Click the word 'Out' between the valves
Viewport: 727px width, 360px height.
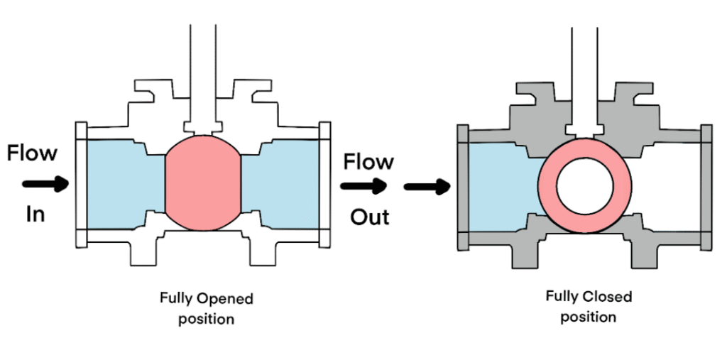coord(369,217)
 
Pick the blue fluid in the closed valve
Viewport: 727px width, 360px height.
coord(501,188)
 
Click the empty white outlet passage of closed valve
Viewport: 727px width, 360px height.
coord(667,188)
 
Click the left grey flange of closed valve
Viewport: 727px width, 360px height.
coord(462,188)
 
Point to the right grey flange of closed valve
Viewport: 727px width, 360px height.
coord(706,188)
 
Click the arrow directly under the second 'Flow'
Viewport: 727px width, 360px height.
coord(363,187)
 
